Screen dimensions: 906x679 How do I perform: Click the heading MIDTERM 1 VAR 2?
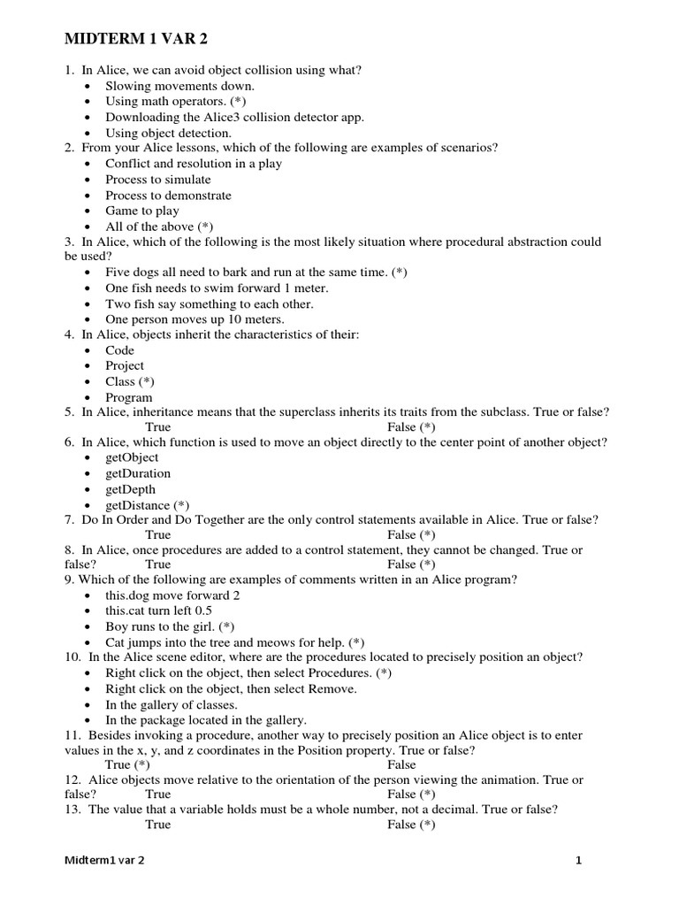(141, 41)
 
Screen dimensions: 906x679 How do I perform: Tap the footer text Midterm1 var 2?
(105, 859)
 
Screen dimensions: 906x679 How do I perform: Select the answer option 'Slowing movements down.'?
(179, 86)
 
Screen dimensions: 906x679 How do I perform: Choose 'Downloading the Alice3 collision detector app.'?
(234, 117)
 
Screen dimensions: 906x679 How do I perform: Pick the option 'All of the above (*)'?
(159, 226)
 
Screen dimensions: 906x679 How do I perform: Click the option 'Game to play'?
(141, 211)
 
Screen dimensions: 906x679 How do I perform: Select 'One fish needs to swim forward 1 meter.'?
(217, 288)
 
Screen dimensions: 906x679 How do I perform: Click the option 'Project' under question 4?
(125, 365)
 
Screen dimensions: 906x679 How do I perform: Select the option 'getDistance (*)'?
(148, 504)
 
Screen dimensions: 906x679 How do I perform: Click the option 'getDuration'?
(138, 473)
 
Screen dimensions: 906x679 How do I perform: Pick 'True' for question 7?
(158, 534)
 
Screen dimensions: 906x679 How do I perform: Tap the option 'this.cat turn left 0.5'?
(158, 610)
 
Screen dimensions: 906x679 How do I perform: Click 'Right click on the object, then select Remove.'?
(231, 688)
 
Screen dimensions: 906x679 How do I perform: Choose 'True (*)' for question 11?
(127, 764)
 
